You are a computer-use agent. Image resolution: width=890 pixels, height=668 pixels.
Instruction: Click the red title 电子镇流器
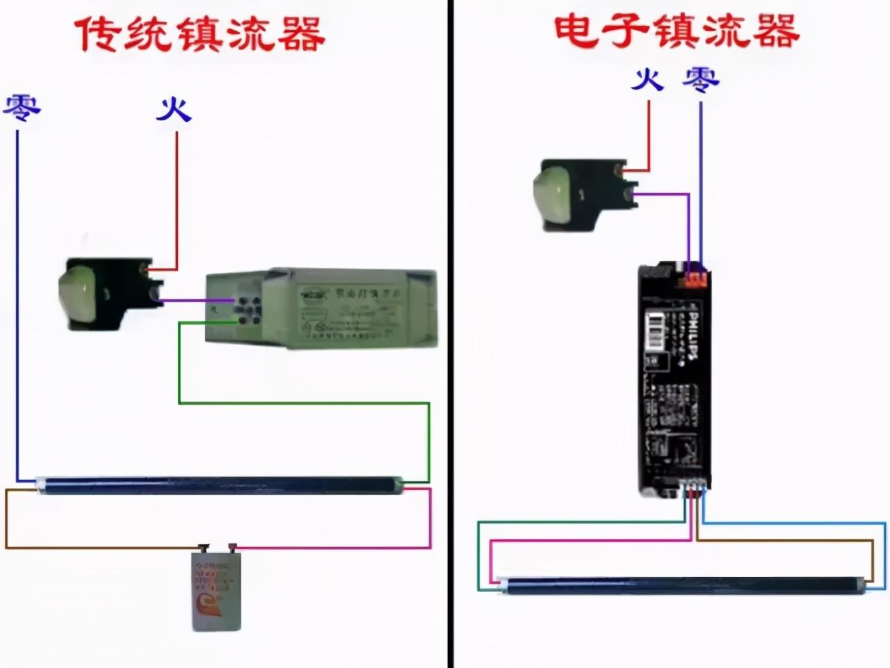pos(676,31)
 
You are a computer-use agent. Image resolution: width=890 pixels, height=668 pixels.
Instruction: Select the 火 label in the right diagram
pos(647,79)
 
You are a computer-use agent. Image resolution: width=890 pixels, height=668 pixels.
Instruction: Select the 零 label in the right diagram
pos(700,79)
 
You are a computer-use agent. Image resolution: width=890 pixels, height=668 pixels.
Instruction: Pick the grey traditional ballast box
pos(321,308)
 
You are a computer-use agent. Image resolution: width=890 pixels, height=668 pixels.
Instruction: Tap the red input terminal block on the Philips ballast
pos(695,277)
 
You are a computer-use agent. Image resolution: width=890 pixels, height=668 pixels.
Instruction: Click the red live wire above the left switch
pos(177,202)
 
